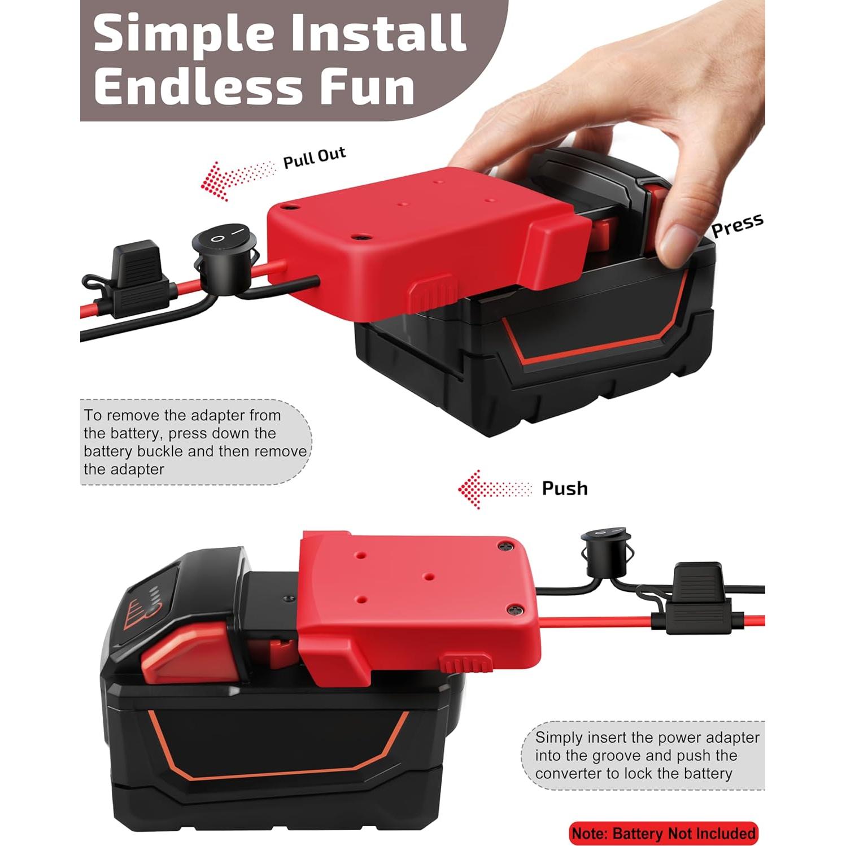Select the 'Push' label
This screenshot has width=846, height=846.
click(564, 488)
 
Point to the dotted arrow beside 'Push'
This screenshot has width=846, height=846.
click(494, 489)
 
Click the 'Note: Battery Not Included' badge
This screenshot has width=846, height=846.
click(663, 833)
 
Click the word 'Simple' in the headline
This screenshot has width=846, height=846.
click(184, 34)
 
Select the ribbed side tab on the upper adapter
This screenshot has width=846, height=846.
click(432, 291)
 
